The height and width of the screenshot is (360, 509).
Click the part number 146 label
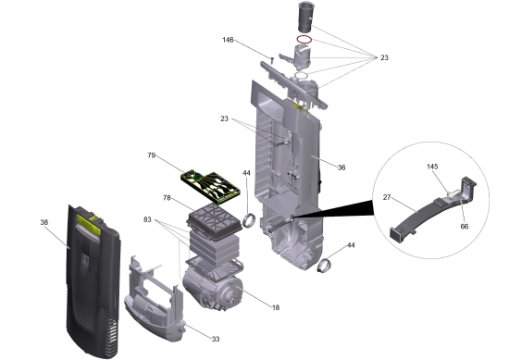pyautogui.click(x=228, y=40)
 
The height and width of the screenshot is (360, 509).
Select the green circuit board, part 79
pyautogui.click(x=211, y=187)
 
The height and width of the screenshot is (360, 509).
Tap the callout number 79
pyautogui.click(x=151, y=155)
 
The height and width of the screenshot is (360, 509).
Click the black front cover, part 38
pyautogui.click(x=93, y=281)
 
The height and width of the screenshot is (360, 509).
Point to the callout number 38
pyautogui.click(x=44, y=222)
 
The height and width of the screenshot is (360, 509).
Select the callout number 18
pyautogui.click(x=276, y=307)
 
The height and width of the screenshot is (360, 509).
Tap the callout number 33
pyautogui.click(x=216, y=340)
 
